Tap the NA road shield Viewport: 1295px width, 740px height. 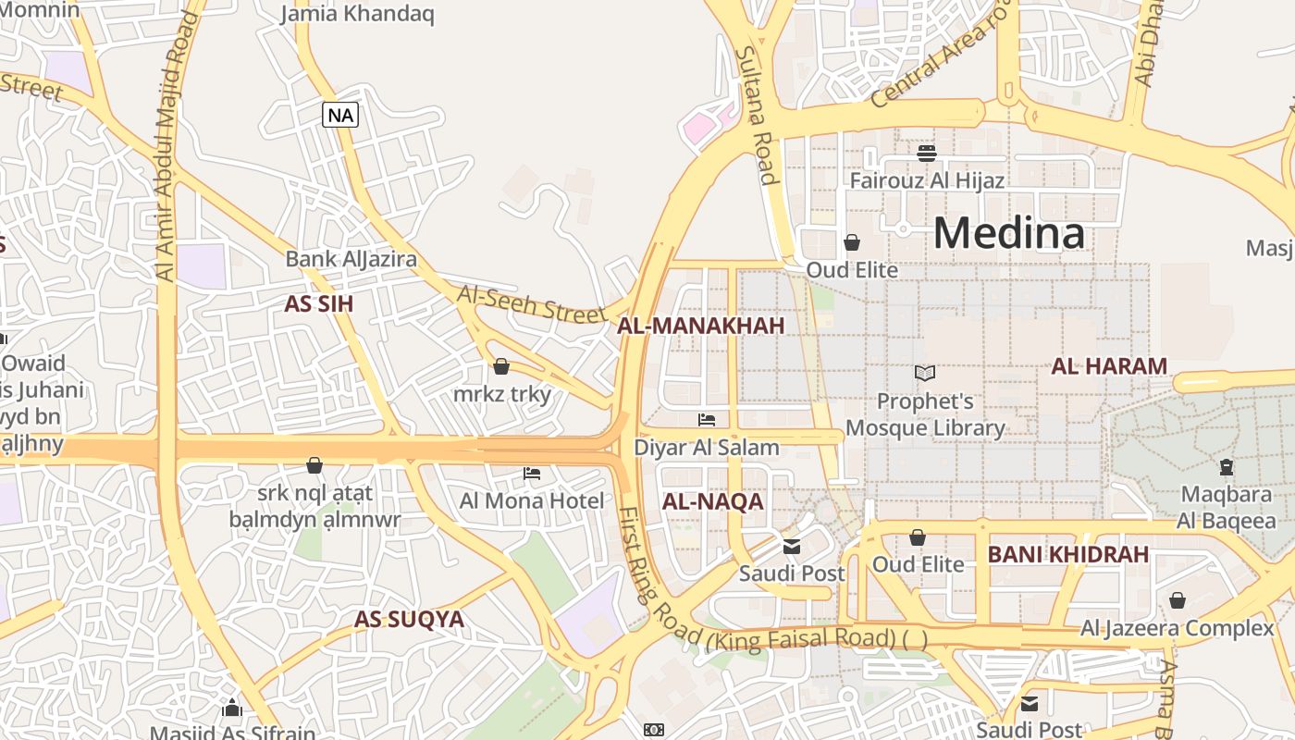tap(340, 115)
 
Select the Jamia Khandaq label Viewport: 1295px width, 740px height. tap(357, 14)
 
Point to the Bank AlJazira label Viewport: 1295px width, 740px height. tap(351, 259)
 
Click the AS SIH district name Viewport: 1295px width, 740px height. tap(318, 303)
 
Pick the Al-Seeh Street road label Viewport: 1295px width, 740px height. tap(532, 304)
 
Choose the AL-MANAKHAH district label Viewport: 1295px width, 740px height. tap(700, 326)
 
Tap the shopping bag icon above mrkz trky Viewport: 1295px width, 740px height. tap(501, 367)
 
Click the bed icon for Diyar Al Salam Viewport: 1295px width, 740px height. tap(707, 420)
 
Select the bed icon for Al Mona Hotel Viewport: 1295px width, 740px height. tap(532, 474)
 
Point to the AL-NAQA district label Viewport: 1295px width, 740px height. tap(712, 501)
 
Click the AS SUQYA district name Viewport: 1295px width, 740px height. tap(409, 619)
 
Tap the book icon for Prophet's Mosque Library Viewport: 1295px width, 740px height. tap(925, 373)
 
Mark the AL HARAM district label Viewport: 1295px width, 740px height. tap(1108, 366)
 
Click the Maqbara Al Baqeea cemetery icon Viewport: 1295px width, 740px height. tap(1227, 467)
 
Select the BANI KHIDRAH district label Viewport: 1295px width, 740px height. tap(1067, 555)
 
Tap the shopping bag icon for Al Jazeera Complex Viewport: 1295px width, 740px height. tap(1177, 601)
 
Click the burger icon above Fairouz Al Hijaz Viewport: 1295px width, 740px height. tap(927, 153)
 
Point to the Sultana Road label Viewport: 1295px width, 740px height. tap(754, 116)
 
